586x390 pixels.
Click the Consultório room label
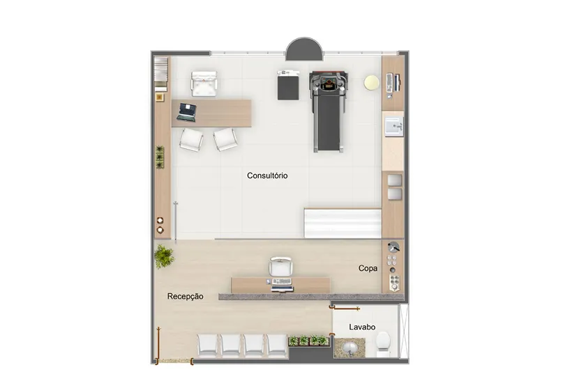(x=267, y=175)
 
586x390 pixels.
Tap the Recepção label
(x=186, y=296)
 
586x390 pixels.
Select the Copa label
(x=368, y=268)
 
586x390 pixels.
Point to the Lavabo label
(x=362, y=327)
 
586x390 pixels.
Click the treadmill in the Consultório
(x=329, y=111)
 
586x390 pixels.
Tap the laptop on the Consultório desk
(x=186, y=112)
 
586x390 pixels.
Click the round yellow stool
(x=371, y=82)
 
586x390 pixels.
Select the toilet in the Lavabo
(x=383, y=342)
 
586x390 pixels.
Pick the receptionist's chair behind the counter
(x=280, y=267)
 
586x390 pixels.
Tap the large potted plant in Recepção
(x=164, y=256)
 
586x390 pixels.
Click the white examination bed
(x=343, y=223)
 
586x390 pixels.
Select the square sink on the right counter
(x=394, y=127)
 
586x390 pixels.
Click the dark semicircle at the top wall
(x=304, y=49)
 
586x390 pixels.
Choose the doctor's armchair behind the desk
(x=204, y=84)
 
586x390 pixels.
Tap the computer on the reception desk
(x=282, y=284)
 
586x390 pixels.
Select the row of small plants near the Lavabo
(x=308, y=341)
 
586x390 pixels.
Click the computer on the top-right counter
(x=393, y=83)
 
